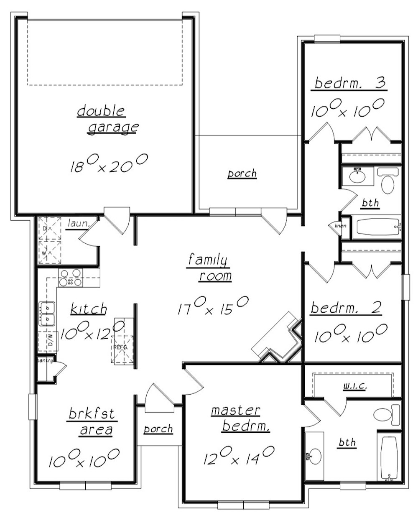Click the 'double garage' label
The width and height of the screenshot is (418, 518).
(x=108, y=120)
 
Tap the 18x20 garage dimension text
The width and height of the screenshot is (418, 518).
(x=109, y=163)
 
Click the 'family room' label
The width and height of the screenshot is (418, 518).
(x=209, y=268)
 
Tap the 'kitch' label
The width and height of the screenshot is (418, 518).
(x=89, y=309)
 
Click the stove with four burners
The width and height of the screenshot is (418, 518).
(x=71, y=278)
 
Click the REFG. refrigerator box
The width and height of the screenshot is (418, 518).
(x=122, y=350)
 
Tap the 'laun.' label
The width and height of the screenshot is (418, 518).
(x=78, y=224)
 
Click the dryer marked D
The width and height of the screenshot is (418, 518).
(x=50, y=228)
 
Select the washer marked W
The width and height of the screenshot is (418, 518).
(x=50, y=253)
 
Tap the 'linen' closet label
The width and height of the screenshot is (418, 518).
(x=340, y=226)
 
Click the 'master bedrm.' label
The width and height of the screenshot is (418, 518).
(x=240, y=419)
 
